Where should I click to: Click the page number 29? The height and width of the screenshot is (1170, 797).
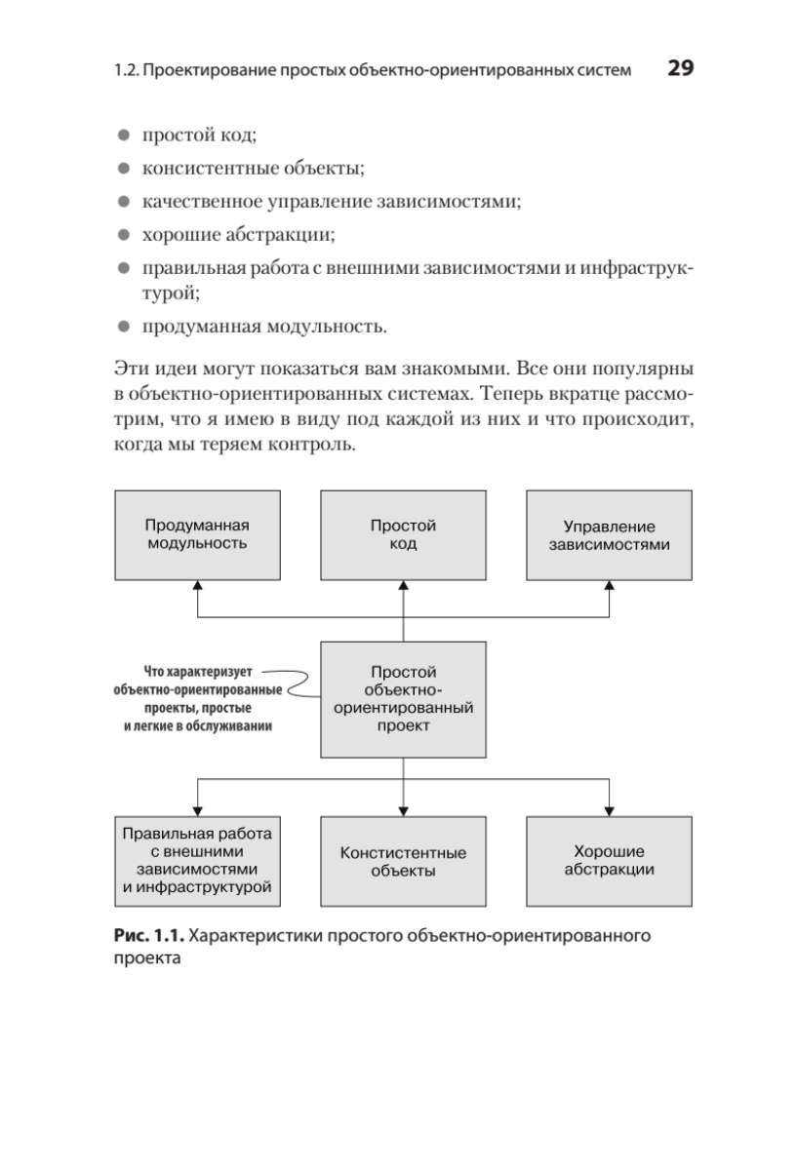[x=679, y=69]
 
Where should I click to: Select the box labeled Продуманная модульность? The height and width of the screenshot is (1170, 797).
[x=197, y=534]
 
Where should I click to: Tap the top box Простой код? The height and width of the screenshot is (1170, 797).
[x=403, y=534]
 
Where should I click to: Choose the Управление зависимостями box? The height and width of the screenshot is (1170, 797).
[x=609, y=535]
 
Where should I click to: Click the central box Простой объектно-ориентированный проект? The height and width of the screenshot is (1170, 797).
[x=403, y=699]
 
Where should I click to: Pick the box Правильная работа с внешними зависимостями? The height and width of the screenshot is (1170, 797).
[x=197, y=861]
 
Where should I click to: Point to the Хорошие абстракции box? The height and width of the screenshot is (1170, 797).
[x=609, y=861]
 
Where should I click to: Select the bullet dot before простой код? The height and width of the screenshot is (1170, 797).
[x=124, y=136]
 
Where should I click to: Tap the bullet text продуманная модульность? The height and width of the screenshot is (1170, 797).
[x=259, y=325]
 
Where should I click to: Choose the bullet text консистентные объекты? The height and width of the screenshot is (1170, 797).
[x=254, y=170]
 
